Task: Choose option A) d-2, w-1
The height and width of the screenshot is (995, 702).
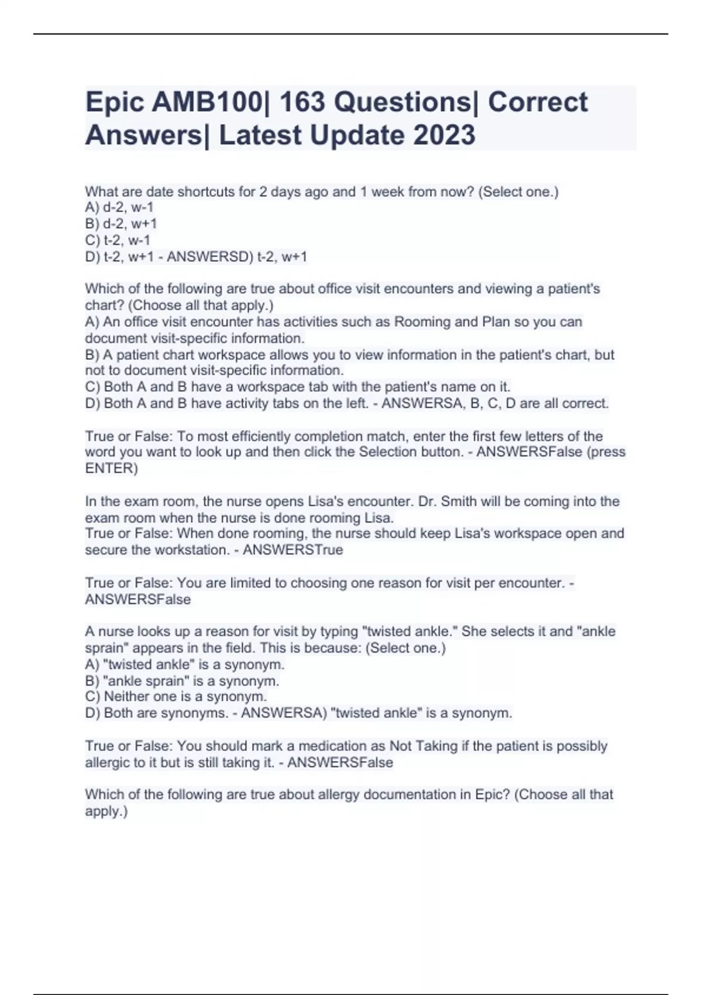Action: click(x=119, y=207)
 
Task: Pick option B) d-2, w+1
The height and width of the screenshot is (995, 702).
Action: click(x=121, y=224)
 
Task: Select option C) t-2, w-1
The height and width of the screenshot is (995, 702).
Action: click(x=118, y=240)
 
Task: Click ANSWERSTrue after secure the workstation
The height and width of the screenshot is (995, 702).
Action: click(x=292, y=550)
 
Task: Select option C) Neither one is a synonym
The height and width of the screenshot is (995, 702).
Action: click(x=176, y=696)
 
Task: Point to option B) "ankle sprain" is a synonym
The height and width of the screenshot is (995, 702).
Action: click(x=182, y=681)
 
